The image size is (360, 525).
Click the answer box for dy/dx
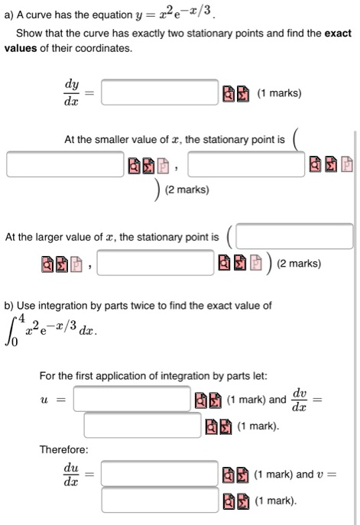(160, 93)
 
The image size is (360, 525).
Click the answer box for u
(131, 398)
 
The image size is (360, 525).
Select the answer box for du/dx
(160, 474)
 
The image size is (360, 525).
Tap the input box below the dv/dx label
(142, 425)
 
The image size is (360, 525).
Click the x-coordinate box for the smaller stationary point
(66, 164)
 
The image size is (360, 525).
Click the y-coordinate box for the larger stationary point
(156, 264)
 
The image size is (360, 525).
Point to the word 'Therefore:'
(63, 449)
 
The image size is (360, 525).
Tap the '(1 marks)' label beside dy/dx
(279, 94)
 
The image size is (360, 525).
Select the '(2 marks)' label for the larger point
(299, 264)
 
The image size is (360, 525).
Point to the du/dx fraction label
(70, 475)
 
